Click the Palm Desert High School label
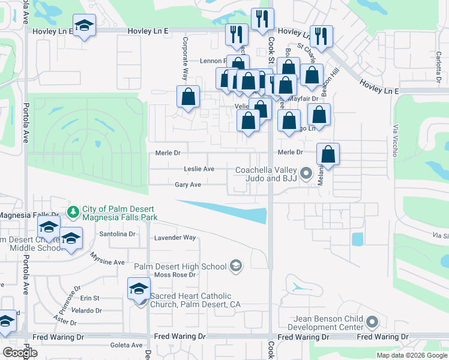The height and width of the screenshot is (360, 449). (x=180, y=266)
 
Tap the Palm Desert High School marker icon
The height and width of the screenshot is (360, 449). (x=236, y=266)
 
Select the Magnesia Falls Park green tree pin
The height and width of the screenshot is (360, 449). (x=73, y=212)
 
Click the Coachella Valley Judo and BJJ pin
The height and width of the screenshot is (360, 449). (x=306, y=174)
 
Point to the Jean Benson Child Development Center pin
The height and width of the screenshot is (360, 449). (x=372, y=323)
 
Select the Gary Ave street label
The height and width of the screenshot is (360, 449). (x=187, y=185)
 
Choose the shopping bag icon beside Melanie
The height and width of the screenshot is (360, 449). (x=328, y=155)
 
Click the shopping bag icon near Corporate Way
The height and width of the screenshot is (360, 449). (x=188, y=97)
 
